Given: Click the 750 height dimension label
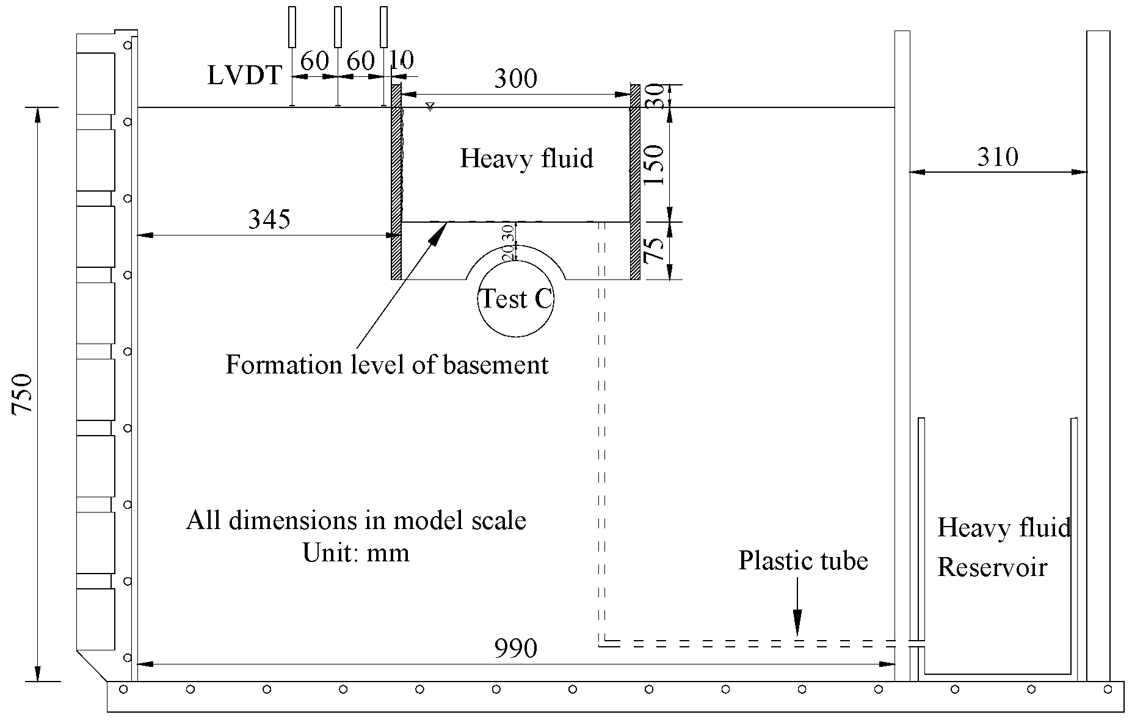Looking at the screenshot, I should pos(23,394).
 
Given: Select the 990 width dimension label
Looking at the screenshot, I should pos(516,649).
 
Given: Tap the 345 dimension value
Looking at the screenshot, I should pos(269,219).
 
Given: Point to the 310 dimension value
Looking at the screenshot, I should pos(998,157).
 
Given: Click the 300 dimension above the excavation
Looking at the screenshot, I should pos(515,79).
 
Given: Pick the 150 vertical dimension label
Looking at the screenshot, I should pos(655,165).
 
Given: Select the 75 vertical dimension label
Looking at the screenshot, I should pos(655,250).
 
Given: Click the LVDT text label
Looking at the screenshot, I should pos(244,76).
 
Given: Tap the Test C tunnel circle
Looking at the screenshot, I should pos(516,299).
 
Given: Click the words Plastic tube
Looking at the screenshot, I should pos(803,561).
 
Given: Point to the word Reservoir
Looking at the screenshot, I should pos(992,567).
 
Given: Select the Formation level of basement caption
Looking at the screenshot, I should pos(387,365).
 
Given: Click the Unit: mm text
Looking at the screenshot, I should pos(356,553).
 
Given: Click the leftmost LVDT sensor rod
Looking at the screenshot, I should pos(292,27).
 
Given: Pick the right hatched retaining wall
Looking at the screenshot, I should pos(635,182).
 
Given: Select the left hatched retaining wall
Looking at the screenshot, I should pos(396,182).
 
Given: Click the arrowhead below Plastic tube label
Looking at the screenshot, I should pos(797,629).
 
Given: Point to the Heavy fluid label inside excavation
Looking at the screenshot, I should pos(526,159).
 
